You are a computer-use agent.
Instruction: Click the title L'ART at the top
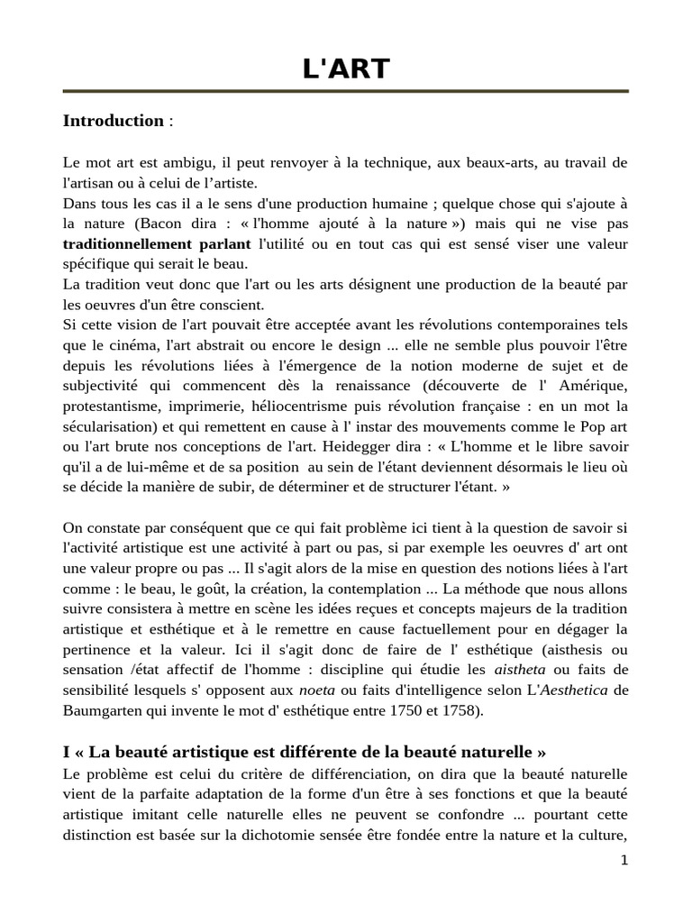coord(345,68)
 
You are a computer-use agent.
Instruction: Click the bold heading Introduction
coord(113,121)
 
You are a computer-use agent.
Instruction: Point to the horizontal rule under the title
coord(345,91)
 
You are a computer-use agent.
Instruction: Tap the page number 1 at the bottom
coord(624,860)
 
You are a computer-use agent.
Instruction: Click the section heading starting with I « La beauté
coord(305,752)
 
